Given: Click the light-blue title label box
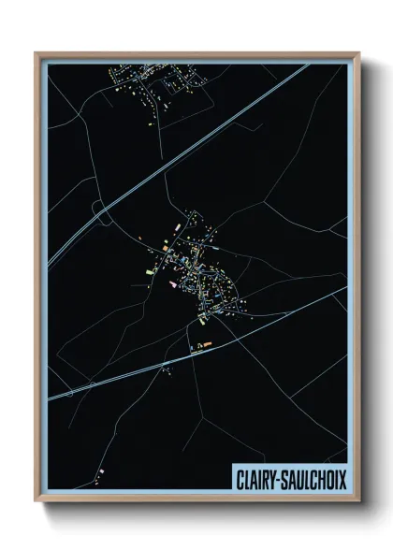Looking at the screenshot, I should (287, 475).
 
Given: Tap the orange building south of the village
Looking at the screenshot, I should (208, 344).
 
